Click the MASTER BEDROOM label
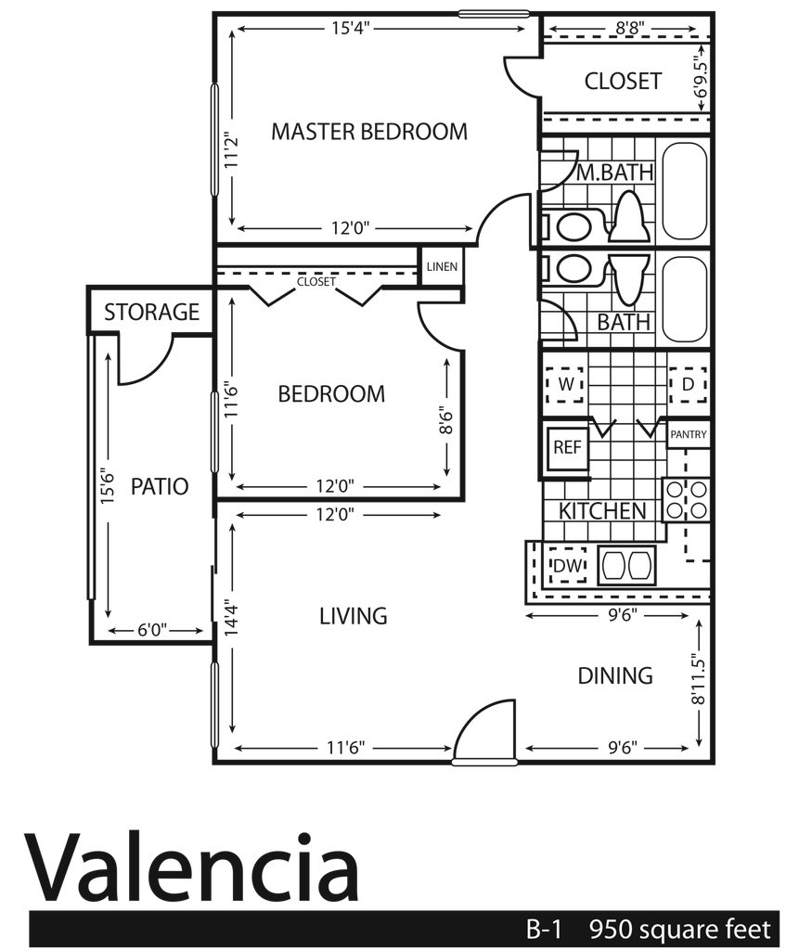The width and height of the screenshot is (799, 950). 369,132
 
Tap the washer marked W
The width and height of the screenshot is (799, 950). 565,384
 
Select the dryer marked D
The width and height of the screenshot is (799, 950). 688,384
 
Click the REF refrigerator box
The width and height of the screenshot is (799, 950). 567,448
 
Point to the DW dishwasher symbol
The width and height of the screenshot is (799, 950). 567,565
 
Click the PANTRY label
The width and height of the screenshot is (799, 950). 689,434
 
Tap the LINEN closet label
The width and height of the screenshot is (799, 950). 442,266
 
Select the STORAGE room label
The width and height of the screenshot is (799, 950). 151,312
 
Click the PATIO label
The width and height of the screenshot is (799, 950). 160,486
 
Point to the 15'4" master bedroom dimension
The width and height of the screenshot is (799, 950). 351,28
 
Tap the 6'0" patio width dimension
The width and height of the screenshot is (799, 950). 152,631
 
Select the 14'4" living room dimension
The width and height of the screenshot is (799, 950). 232,617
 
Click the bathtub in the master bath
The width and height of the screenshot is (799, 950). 685,191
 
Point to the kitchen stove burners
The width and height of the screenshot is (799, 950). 686,500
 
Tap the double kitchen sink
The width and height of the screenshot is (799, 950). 626,566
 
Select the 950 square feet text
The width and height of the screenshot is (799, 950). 680,929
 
